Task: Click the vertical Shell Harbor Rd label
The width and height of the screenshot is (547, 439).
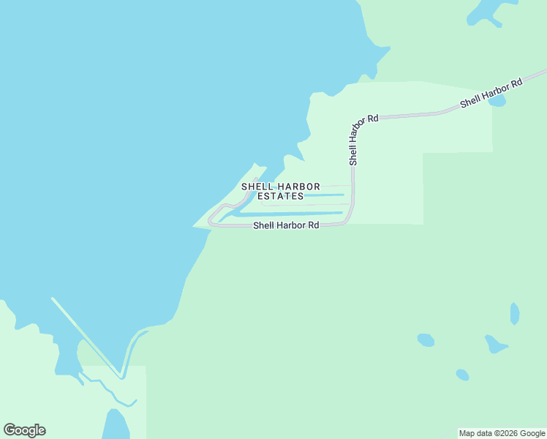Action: coord(353,140)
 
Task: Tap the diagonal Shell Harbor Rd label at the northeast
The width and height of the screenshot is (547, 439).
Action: coord(491,93)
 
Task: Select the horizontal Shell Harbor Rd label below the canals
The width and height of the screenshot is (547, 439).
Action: coord(286,226)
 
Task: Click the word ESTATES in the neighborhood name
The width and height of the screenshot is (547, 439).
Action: coord(282,197)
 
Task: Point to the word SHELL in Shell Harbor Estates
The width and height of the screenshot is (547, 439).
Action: coord(257,187)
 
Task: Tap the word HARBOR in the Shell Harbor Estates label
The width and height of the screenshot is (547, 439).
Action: coord(298,187)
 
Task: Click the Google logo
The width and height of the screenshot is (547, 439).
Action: coord(24,430)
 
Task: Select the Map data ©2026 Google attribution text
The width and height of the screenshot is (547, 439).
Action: coord(502,433)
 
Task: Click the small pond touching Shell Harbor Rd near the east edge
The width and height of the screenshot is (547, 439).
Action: coord(497,102)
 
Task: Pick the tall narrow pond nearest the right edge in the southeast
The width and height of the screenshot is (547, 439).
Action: coord(515,314)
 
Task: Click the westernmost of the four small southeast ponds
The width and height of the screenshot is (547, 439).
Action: coord(426,339)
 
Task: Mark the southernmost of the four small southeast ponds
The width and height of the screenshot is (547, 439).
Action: coord(462,375)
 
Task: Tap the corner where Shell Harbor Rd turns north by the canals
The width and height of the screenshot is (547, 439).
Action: coord(349,217)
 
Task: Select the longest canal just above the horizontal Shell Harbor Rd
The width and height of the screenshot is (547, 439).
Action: coord(293,214)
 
